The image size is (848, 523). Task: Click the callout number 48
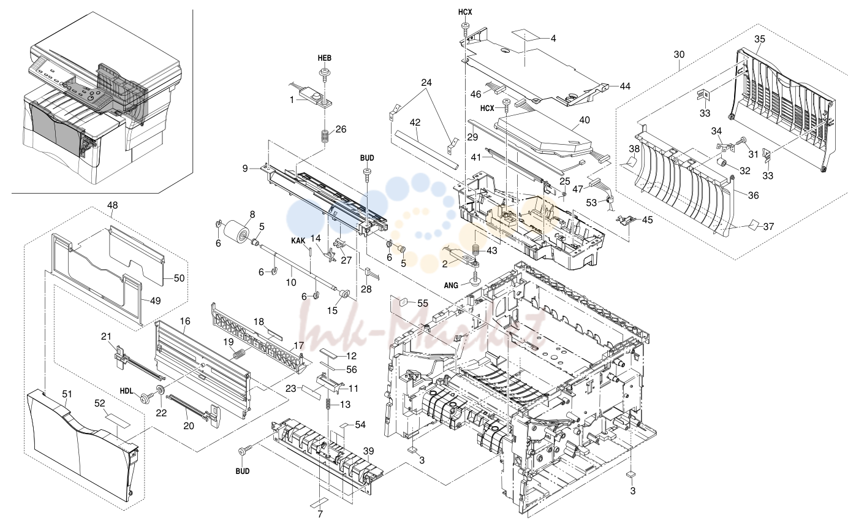point(113,205)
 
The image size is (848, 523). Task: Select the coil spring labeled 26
point(324,136)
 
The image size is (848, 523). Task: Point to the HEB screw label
point(325,58)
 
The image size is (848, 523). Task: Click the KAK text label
point(298,241)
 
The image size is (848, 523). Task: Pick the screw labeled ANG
point(475,281)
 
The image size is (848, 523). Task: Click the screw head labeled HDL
point(145,398)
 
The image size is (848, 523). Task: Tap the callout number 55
point(423,303)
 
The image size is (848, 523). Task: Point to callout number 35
point(759,39)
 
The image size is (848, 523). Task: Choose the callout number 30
point(679,55)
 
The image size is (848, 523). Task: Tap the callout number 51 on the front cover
point(67,394)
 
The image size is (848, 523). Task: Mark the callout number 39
point(368,451)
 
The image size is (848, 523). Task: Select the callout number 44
point(625,86)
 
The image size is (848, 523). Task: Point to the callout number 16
point(185,321)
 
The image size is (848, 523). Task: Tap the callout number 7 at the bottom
point(320,514)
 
